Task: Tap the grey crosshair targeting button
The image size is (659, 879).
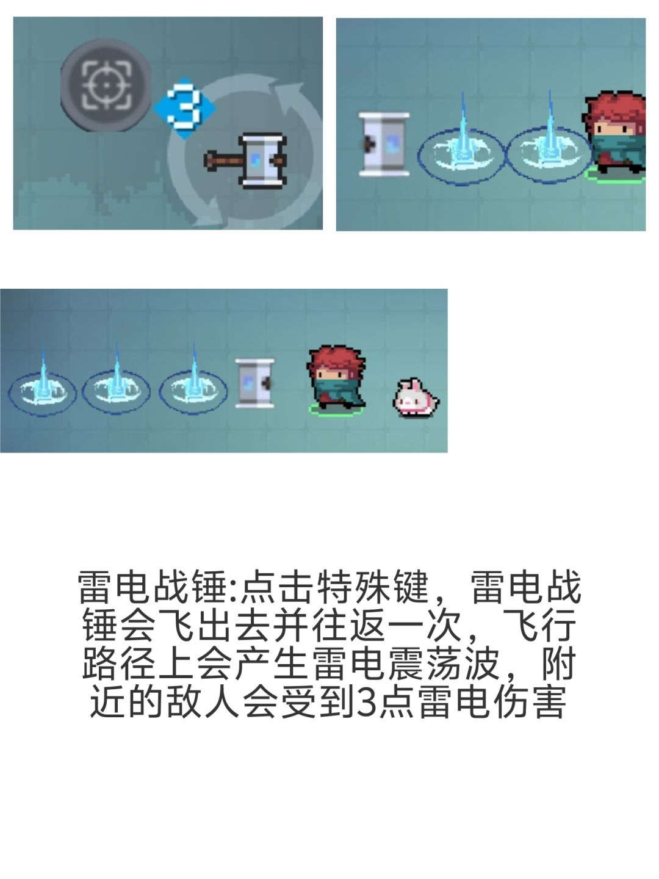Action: point(106,85)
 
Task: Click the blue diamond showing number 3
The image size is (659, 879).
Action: point(184,108)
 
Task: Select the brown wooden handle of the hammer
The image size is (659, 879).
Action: point(224,161)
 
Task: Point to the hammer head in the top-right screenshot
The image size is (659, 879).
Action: point(384,145)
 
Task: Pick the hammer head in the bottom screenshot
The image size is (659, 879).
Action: point(255,383)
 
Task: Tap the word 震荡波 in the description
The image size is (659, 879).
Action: point(445,664)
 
